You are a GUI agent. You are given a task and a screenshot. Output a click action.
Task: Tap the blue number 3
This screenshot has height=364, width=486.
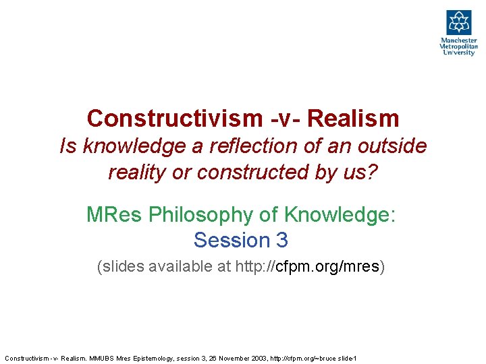click(x=281, y=240)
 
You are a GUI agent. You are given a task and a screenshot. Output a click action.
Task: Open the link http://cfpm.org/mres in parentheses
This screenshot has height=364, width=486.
click(x=307, y=267)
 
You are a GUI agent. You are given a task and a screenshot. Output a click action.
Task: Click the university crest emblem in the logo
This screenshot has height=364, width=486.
click(x=458, y=22)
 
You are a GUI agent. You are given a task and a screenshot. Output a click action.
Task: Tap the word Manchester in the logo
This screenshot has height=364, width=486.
click(x=458, y=40)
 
